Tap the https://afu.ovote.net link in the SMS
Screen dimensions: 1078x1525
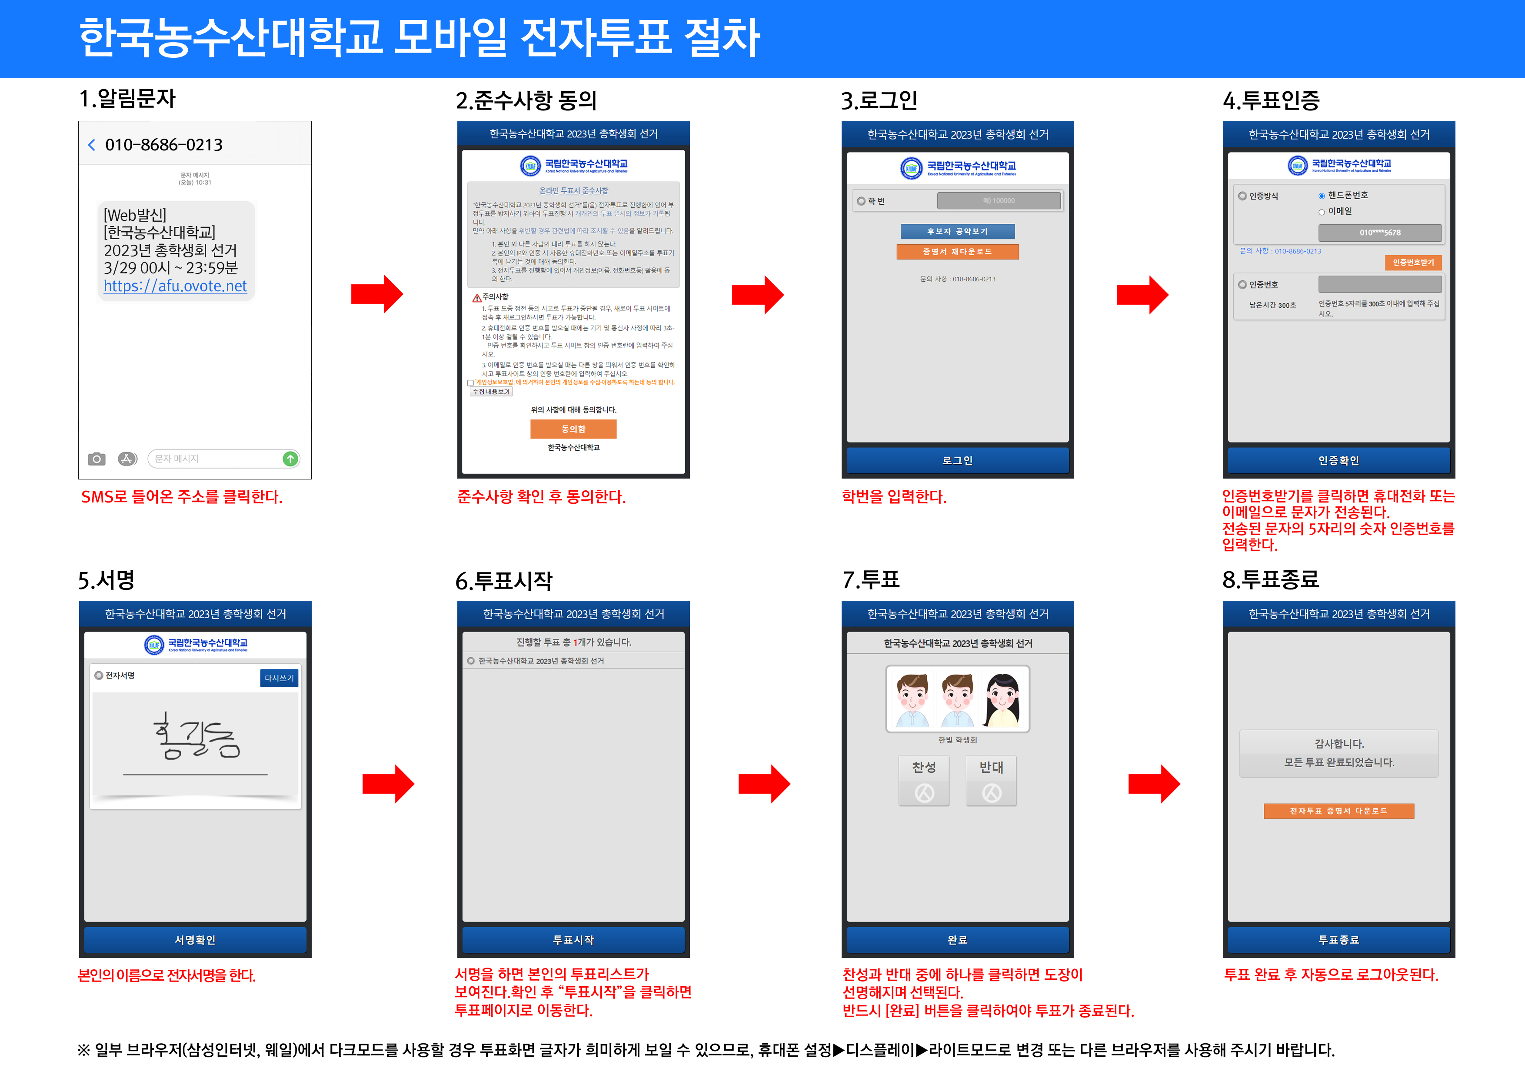coord(175,286)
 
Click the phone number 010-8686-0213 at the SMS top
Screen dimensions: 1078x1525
coord(163,145)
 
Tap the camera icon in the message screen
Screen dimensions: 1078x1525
coord(97,459)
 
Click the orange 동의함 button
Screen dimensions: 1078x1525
coord(573,429)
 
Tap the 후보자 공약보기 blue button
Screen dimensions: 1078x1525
coord(957,231)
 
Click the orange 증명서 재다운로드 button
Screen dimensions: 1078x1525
coord(957,252)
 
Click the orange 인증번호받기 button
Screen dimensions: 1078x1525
coord(1413,263)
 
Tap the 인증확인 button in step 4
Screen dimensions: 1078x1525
coord(1339,460)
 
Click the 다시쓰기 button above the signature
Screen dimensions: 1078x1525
coord(279,678)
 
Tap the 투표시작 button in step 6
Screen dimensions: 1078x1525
coord(573,940)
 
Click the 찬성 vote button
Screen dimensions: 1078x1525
coord(924,780)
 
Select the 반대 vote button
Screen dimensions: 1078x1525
coord(991,780)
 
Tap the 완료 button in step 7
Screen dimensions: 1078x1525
coord(957,940)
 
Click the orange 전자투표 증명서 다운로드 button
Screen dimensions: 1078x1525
coord(1339,811)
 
